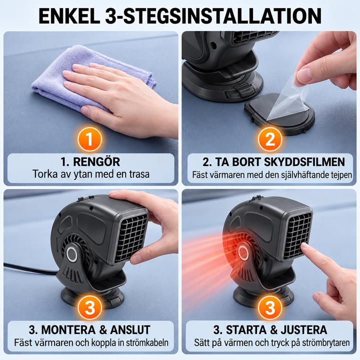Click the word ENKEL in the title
pyautogui.click(x=69, y=16)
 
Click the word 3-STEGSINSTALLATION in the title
pyautogui.click(x=213, y=16)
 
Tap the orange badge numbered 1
pyautogui.click(x=89, y=139)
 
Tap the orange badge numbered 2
pyautogui.click(x=270, y=139)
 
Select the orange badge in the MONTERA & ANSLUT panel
pyautogui.click(x=89, y=307)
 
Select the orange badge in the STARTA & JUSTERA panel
pyautogui.click(x=270, y=307)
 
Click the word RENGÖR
pyautogui.click(x=96, y=161)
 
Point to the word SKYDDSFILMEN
pyautogui.click(x=304, y=162)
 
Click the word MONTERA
pyautogui.click(x=68, y=330)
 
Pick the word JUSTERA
pyautogui.click(x=304, y=330)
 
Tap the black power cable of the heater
pyautogui.click(x=30, y=268)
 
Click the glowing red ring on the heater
pyautogui.click(x=243, y=252)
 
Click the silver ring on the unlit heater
pyautogui.click(x=72, y=254)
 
